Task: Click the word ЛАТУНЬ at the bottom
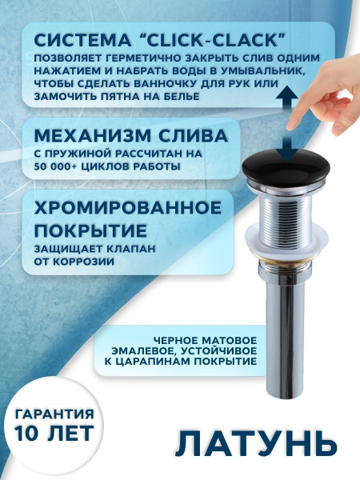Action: click(250, 445)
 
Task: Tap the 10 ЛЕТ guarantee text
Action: click(53, 435)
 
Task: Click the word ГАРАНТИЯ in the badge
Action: click(53, 414)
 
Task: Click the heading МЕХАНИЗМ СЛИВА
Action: click(126, 134)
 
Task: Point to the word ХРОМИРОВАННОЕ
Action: click(127, 207)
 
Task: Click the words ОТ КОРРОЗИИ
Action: click(68, 262)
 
